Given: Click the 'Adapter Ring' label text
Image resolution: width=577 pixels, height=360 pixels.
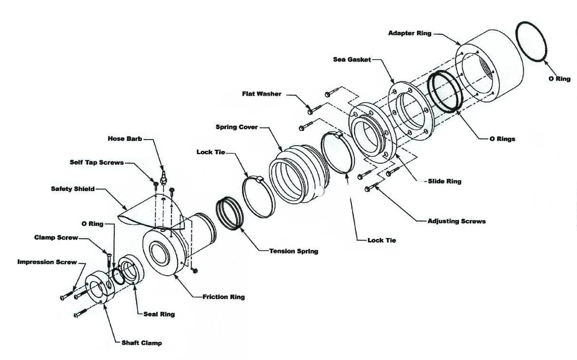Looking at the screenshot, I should click(409, 33).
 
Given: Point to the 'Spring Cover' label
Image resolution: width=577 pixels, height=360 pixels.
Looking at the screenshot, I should click(237, 127).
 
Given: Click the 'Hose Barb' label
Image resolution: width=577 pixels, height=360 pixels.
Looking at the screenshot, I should click(124, 139).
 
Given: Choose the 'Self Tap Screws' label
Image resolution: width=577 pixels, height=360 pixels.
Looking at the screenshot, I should click(97, 162).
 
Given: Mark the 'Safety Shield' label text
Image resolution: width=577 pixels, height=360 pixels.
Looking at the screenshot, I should click(73, 189).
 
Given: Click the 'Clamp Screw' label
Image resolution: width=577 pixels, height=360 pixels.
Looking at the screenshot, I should click(56, 237).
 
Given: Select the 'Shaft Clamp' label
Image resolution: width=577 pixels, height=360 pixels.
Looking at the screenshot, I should click(142, 342).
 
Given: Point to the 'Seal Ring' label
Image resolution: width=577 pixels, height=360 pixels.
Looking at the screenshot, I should click(159, 314).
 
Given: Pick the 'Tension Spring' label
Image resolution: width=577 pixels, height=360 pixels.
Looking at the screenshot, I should click(294, 251).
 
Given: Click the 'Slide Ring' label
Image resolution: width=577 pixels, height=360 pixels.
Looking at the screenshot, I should click(445, 181).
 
